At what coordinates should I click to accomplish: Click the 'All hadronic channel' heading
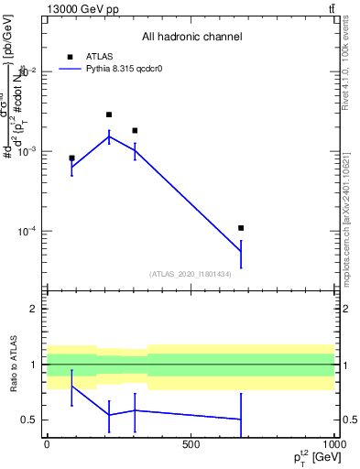click(191, 38)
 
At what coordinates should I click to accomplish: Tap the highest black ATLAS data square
click(109, 115)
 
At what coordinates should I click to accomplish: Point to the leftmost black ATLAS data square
click(71, 158)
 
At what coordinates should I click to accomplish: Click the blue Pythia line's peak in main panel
click(109, 136)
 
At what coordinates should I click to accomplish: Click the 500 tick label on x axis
click(191, 444)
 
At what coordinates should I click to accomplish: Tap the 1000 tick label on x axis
click(333, 444)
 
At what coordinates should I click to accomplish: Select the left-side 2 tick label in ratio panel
click(33, 309)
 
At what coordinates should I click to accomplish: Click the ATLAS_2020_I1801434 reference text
click(190, 274)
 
